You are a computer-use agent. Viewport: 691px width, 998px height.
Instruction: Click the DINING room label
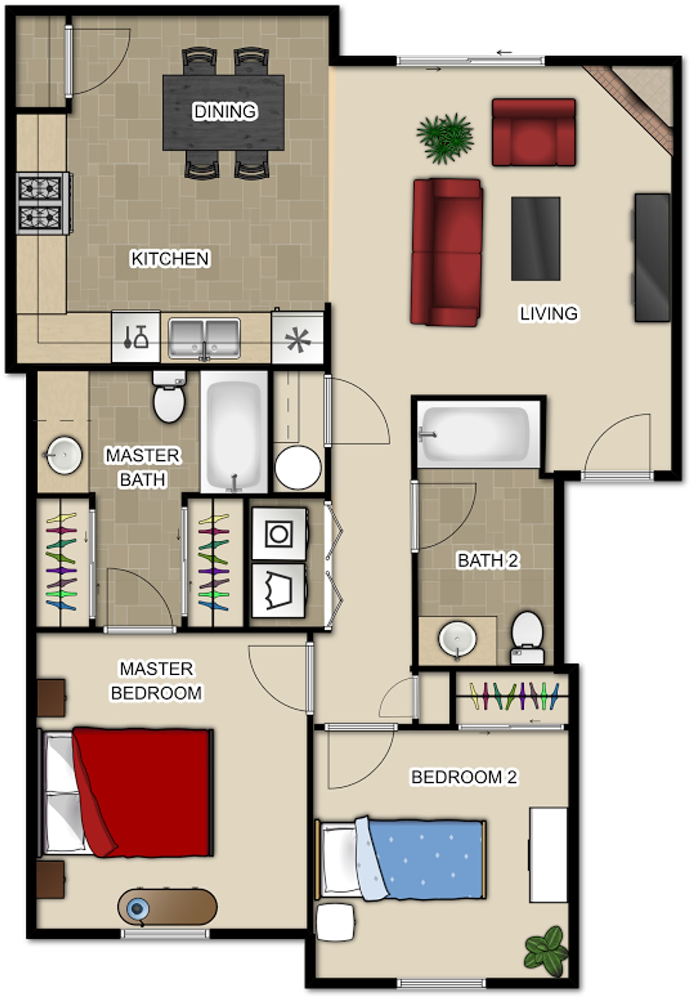[x=225, y=111]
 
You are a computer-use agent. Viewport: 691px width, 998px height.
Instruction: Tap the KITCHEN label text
[x=170, y=258]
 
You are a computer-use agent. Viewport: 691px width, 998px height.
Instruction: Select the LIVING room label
[x=549, y=313]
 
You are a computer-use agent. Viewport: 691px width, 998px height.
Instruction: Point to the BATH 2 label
[x=488, y=560]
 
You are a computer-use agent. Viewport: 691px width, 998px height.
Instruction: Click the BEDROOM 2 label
[x=464, y=777]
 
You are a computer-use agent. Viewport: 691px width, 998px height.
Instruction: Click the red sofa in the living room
[x=447, y=252]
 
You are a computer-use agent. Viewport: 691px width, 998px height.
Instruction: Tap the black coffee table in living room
[x=536, y=239]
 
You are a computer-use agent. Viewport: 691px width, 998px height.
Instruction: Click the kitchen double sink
[x=204, y=339]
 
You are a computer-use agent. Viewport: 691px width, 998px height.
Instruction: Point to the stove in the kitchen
[x=44, y=203]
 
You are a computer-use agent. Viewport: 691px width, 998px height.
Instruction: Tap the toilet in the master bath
[x=169, y=396]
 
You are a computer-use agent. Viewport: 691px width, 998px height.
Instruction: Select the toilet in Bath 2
[x=527, y=638]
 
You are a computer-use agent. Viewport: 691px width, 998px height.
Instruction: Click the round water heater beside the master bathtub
[x=298, y=467]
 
